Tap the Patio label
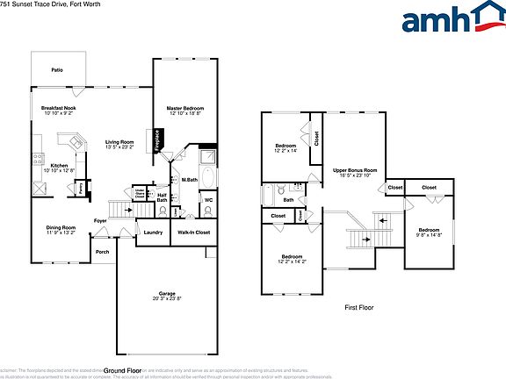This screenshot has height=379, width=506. (57, 69)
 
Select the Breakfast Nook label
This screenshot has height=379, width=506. (58, 108)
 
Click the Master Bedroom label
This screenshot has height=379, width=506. (184, 108)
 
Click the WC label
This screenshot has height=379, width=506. (208, 200)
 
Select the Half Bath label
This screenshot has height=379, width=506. (162, 197)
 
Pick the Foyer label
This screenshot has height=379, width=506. (101, 220)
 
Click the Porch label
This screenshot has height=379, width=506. (102, 252)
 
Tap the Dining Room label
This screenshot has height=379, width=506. (61, 227)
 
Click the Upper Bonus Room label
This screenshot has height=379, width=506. (354, 169)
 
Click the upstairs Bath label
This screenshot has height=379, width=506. (288, 199)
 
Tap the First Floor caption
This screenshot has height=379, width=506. (359, 309)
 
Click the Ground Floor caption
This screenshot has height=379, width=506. (128, 370)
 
